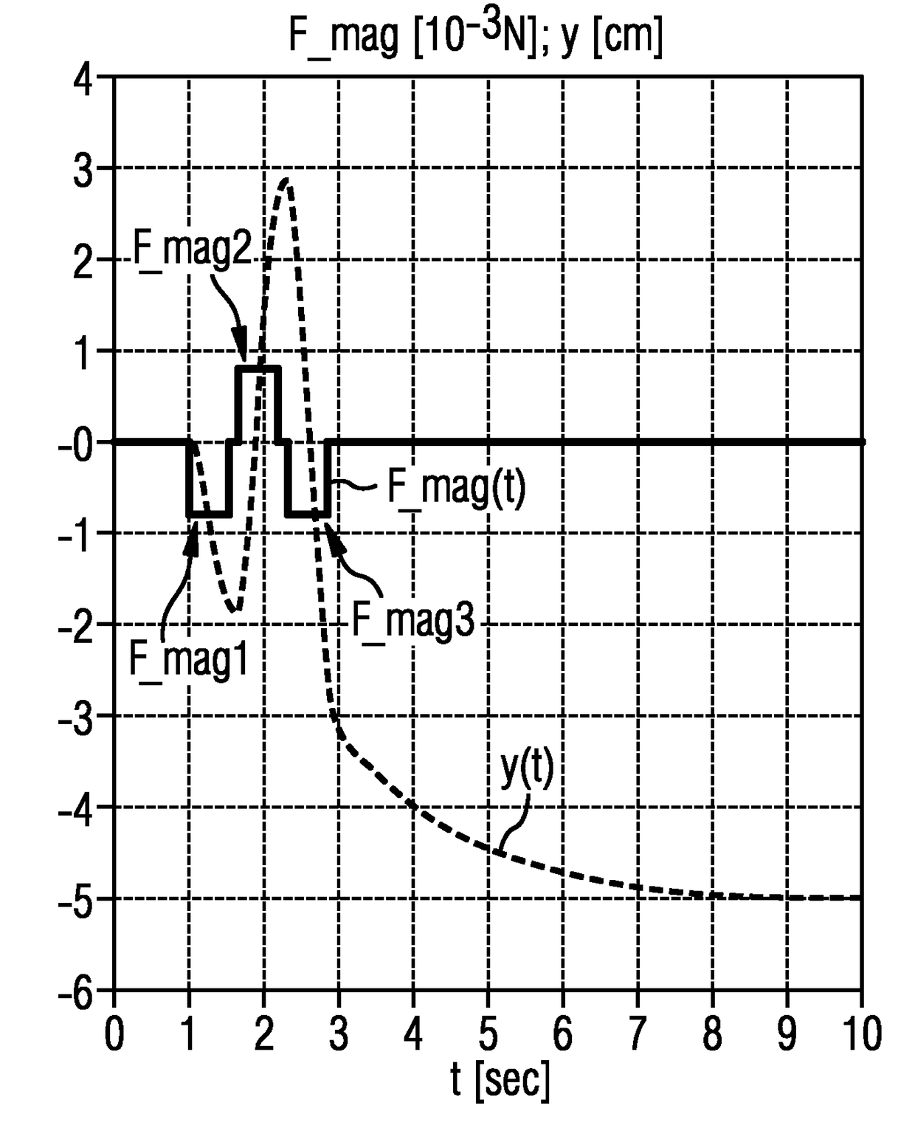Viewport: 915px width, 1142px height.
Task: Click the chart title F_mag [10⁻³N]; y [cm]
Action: (x=476, y=35)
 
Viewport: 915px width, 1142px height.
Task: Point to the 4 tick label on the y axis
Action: (x=83, y=78)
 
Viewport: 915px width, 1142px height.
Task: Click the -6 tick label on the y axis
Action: (x=76, y=990)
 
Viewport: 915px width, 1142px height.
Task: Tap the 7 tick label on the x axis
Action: (x=638, y=1033)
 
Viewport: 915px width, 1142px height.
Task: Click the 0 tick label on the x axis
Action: (x=114, y=1033)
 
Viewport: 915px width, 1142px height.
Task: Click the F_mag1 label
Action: (x=188, y=660)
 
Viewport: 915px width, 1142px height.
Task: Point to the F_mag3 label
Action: (x=413, y=622)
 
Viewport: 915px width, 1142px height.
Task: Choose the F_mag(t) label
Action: (x=457, y=486)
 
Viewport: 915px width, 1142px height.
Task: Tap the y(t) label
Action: (x=527, y=769)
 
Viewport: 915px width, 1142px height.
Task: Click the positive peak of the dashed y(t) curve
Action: (x=286, y=180)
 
